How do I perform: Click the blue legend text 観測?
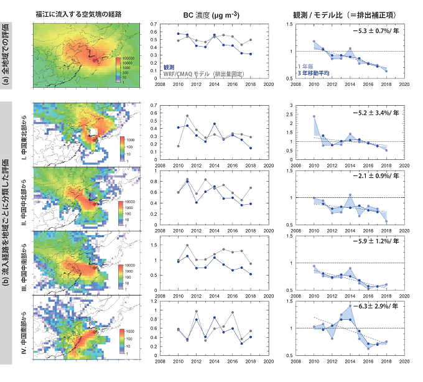[169, 66]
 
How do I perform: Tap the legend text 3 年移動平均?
[315, 73]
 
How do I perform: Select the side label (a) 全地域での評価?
[6, 52]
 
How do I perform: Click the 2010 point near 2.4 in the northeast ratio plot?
[314, 116]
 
